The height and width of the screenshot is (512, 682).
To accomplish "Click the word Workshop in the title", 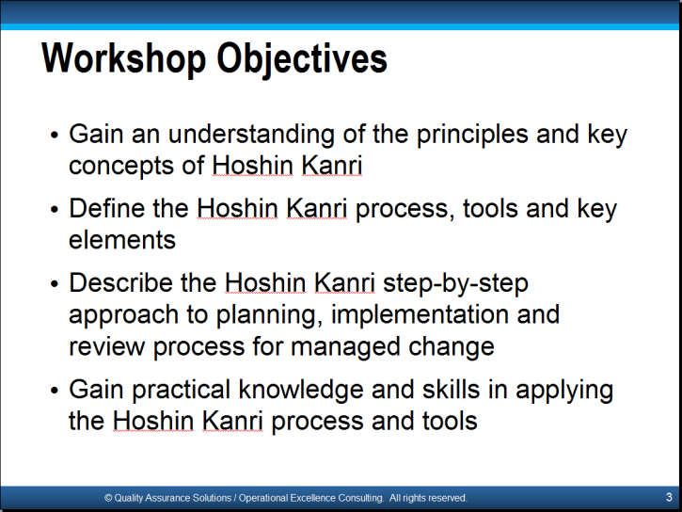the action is pyautogui.click(x=123, y=58).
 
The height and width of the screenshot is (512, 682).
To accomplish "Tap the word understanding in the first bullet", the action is pyautogui.click(x=251, y=134).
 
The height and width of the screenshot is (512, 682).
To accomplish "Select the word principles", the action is pyautogui.click(x=472, y=135).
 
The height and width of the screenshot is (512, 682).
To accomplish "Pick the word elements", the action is pyautogui.click(x=122, y=240).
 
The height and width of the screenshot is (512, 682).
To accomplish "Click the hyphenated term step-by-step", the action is pyautogui.click(x=455, y=284).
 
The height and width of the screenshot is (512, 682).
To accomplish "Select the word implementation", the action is pyautogui.click(x=420, y=315).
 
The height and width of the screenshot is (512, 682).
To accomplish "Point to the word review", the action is pyautogui.click(x=106, y=346).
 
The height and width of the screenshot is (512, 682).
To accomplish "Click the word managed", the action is pyautogui.click(x=345, y=347).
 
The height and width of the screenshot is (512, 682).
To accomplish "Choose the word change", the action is pyautogui.click(x=452, y=347).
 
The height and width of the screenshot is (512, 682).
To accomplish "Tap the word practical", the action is pyautogui.click(x=181, y=390).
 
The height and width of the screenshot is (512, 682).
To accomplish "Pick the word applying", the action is pyautogui.click(x=564, y=391).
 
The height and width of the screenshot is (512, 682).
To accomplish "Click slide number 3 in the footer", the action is pyautogui.click(x=669, y=497).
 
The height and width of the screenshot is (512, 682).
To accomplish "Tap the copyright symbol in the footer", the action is pyautogui.click(x=108, y=498).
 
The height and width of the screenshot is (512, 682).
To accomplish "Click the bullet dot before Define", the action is pyautogui.click(x=54, y=210).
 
